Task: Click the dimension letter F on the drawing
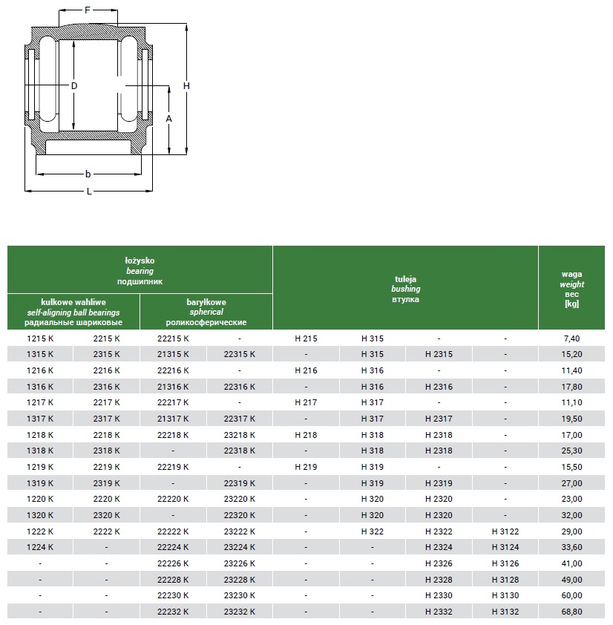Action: [88, 10]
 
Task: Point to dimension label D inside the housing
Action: [74, 86]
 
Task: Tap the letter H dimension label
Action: [186, 86]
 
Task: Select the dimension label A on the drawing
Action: [168, 119]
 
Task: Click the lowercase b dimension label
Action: [88, 174]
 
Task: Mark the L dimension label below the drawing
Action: [89, 192]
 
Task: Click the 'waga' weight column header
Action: [571, 274]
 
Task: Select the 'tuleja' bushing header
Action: [405, 278]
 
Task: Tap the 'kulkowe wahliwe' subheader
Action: [73, 302]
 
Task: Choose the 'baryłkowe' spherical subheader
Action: [206, 302]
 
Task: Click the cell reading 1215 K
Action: [40, 338]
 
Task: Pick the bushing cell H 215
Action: [306, 338]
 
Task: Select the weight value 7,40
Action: [571, 338]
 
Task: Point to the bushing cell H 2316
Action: [439, 387]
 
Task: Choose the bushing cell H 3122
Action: [505, 531]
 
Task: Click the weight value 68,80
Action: [571, 612]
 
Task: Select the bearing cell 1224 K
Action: [40, 548]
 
